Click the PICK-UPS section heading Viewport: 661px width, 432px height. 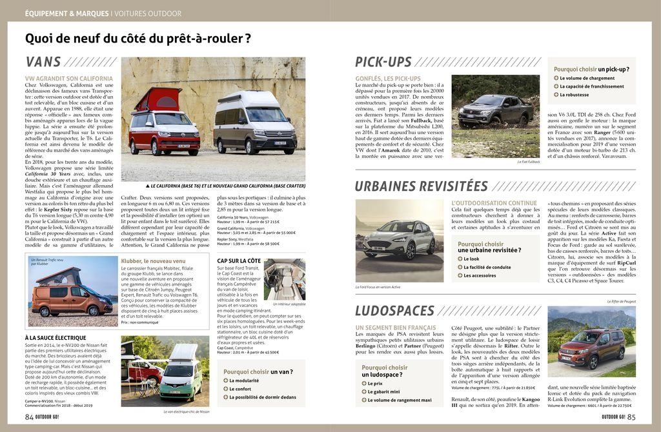pos(383,63)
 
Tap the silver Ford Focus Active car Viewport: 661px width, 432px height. pos(398,239)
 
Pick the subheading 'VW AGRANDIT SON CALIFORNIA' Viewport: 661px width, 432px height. pos(69,79)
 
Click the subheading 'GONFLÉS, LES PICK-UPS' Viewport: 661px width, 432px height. pos(387,79)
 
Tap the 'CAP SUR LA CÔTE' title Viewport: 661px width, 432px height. pos(239,260)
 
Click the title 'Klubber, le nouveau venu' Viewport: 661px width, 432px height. pos(152,260)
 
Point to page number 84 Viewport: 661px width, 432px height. pos(29,417)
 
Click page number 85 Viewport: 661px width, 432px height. pos(631,417)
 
